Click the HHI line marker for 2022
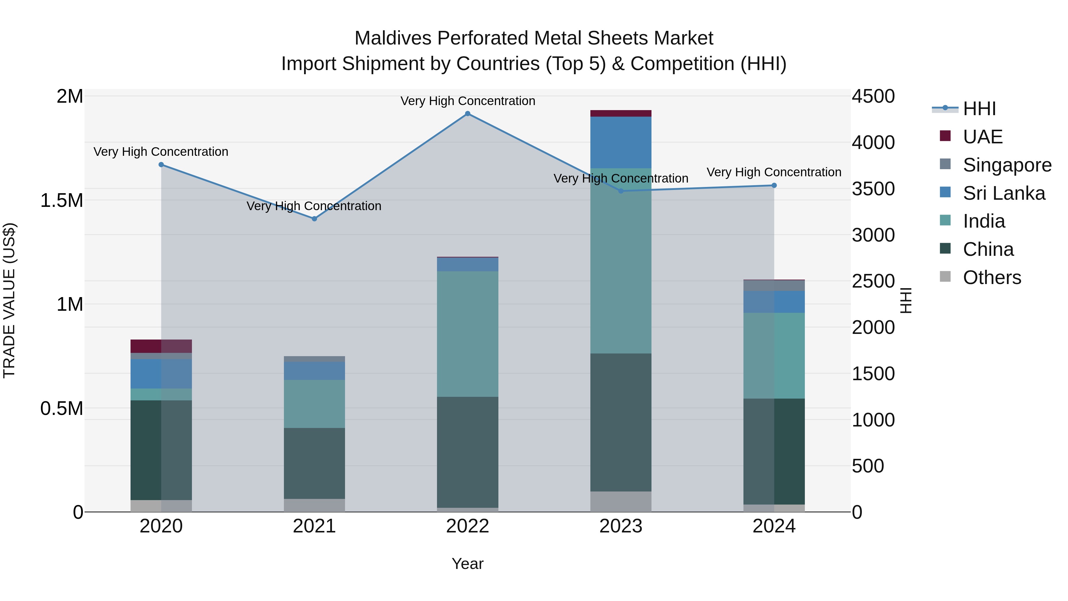(468, 114)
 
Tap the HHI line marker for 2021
(314, 218)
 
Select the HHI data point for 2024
(774, 185)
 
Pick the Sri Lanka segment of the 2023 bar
(621, 142)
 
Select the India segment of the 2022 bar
(468, 334)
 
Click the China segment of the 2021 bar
(314, 463)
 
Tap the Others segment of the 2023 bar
(621, 502)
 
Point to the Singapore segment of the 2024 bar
(774, 285)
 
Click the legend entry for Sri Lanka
(1004, 193)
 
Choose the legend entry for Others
(992, 277)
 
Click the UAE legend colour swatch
(945, 136)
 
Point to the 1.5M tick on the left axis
(61, 200)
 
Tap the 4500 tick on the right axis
(873, 96)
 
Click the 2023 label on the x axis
(621, 526)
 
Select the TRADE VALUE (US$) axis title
(9, 300)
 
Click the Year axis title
(467, 564)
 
